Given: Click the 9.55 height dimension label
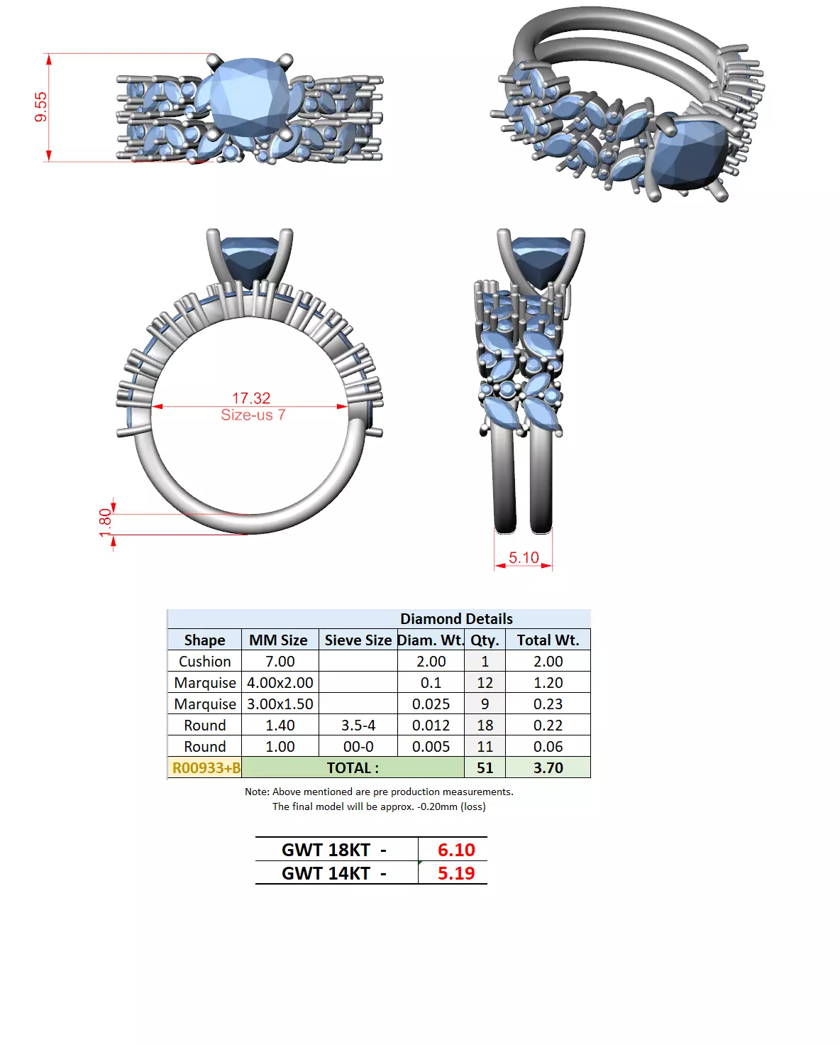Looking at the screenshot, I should (40, 106).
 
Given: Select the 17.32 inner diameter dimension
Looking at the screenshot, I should (251, 398).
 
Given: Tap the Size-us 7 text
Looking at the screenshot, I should (253, 415).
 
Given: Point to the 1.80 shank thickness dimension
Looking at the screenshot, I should (106, 523).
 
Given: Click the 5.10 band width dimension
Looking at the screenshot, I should (524, 558).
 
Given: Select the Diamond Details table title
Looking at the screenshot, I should (455, 619).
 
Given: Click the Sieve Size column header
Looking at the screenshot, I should (358, 640).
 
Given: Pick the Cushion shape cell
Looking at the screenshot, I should (204, 662).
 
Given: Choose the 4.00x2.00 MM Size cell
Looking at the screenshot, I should (280, 683).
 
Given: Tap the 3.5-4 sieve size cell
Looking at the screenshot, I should (358, 726).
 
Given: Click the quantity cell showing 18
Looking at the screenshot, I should (485, 726).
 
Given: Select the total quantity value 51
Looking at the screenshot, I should (485, 768).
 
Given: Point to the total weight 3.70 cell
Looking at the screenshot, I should (548, 768).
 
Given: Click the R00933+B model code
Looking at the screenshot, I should (206, 768).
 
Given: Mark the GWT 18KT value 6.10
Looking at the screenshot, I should (455, 850).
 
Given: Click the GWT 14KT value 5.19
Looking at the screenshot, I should (455, 873).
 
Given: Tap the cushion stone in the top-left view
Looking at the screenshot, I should (250, 97).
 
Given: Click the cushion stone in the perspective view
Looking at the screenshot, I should (690, 153).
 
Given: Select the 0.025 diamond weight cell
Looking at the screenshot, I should (431, 704).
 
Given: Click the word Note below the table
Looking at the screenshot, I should (256, 792).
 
